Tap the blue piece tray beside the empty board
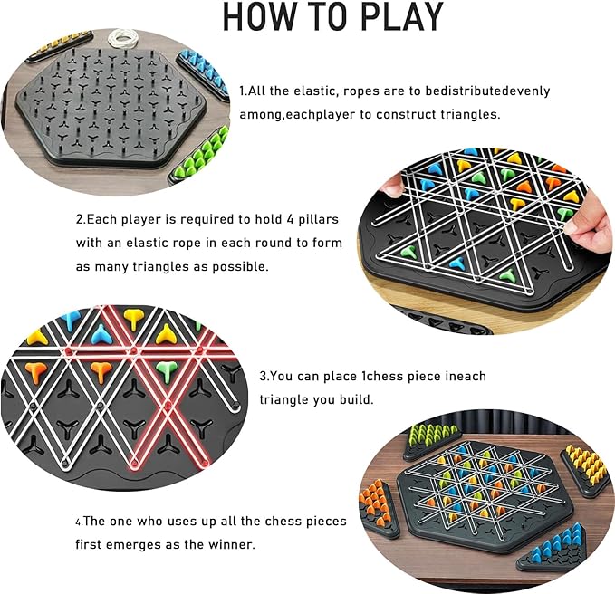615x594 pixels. [x=205, y=67]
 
